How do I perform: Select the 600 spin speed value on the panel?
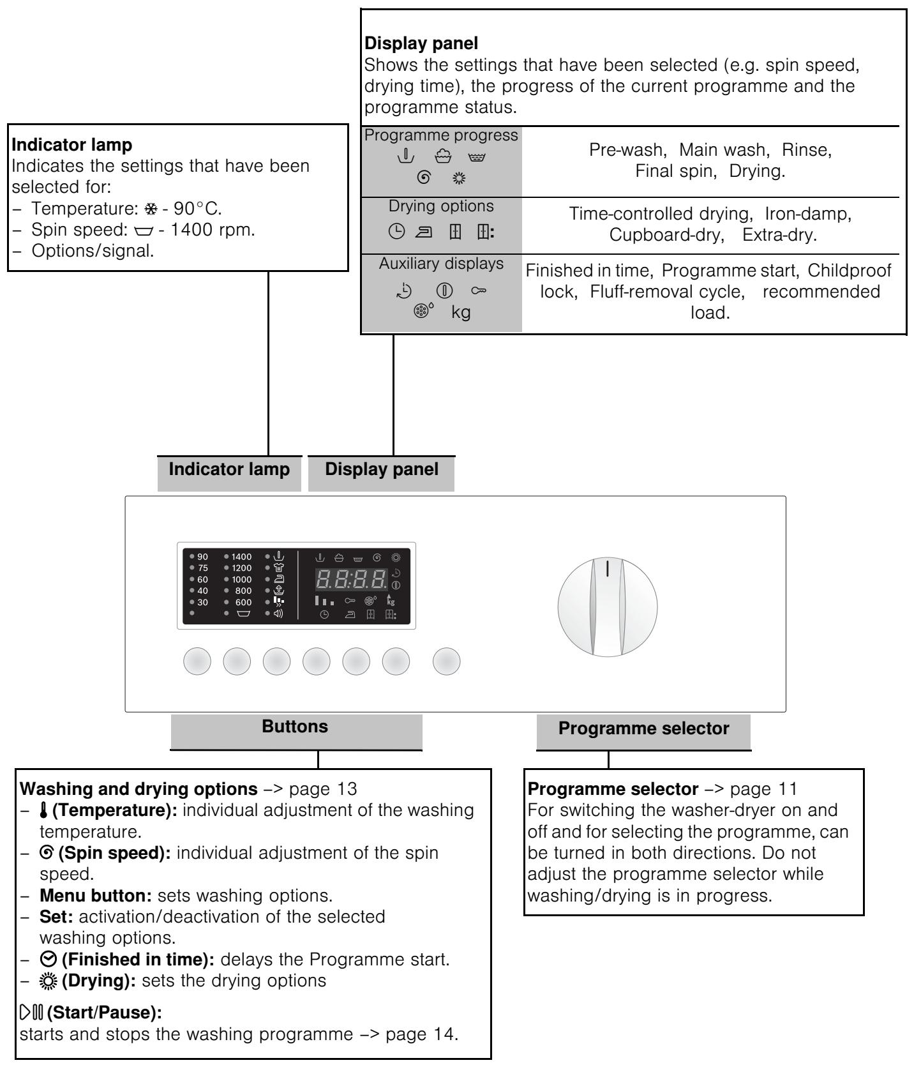(x=243, y=602)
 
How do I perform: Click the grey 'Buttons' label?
(x=295, y=727)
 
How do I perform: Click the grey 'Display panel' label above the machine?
(x=382, y=469)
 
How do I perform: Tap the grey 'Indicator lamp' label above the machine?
(x=229, y=469)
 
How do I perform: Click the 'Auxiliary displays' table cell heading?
(x=441, y=263)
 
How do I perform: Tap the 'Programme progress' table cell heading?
(x=441, y=135)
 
